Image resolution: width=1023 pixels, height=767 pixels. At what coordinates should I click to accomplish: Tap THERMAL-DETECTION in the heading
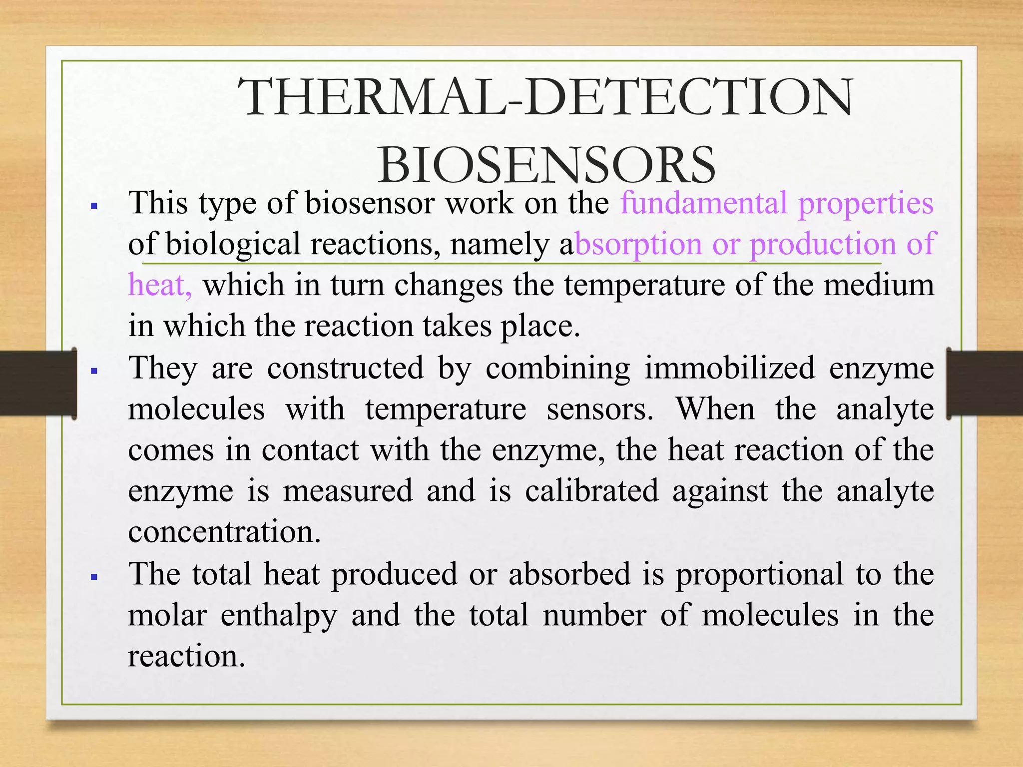pos(545,98)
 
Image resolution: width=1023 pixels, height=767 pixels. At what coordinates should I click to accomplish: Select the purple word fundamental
pos(703,203)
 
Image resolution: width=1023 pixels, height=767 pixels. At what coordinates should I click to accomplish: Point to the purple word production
pos(824,245)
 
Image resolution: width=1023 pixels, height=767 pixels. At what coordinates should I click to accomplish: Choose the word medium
pos(879,285)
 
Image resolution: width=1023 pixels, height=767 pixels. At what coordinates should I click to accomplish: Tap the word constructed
pos(345,368)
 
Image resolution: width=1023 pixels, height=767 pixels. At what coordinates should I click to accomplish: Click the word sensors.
pos(600,409)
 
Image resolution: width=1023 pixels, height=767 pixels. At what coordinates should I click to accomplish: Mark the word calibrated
pos(591,491)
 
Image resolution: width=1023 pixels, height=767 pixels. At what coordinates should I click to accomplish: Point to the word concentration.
pos(224,531)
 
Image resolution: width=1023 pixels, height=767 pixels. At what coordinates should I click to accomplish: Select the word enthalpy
pos(279,616)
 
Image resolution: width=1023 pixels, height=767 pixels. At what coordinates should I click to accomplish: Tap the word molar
pos(167,615)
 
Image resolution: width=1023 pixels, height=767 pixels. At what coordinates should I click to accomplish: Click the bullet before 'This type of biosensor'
pos(94,205)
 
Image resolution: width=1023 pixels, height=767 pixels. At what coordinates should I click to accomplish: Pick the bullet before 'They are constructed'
pos(94,371)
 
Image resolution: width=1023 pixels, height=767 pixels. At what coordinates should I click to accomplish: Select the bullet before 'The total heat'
pos(94,577)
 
